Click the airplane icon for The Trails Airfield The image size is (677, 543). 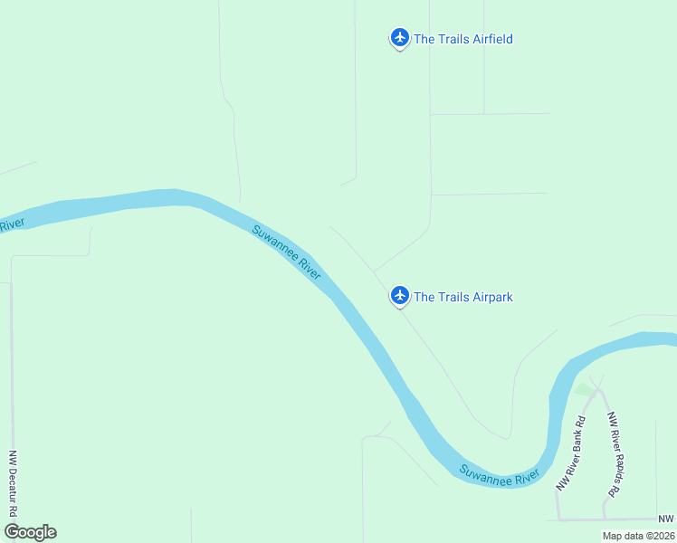[x=399, y=38]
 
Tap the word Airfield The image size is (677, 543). [x=488, y=39]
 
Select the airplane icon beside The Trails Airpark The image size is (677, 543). [x=399, y=295]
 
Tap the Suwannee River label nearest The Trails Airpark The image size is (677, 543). [x=286, y=252]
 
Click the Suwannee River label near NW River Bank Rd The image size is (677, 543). [x=499, y=474]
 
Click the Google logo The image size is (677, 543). [x=30, y=532]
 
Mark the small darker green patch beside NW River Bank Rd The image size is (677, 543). [x=585, y=390]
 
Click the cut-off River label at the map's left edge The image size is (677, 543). [x=9, y=224]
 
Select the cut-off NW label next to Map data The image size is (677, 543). [x=666, y=518]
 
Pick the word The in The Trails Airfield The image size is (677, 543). [x=424, y=39]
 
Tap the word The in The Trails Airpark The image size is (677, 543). [x=424, y=297]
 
